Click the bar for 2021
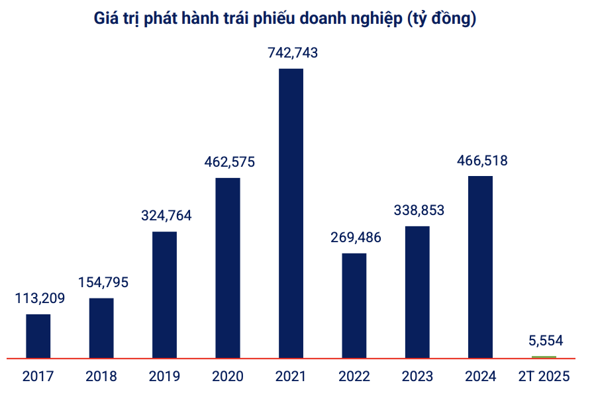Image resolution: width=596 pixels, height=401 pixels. coord(291,213)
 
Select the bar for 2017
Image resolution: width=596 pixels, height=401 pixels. coord(38,336)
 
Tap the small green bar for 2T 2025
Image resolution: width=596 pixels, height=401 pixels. coord(544,357)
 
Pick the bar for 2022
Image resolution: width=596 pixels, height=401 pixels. coord(354,306)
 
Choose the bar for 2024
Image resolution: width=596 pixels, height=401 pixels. coord(480,267)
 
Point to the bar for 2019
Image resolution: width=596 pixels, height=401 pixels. coord(164,295)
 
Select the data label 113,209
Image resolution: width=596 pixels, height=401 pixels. coord(40,298)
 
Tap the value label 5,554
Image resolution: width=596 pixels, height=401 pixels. coord(546,341)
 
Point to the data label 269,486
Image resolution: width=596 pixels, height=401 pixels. coord(356,238)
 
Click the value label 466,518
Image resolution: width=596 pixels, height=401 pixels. coord(482,161)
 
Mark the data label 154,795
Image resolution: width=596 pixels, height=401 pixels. coord(103,283)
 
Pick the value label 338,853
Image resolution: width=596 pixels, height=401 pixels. coord(419,210)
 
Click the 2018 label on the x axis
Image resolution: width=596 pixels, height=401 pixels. coord(101,377)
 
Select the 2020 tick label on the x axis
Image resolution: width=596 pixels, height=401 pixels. coord(228,377)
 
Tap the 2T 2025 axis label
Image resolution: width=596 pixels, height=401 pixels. coord(544,377)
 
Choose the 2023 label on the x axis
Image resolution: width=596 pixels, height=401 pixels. coord(417,377)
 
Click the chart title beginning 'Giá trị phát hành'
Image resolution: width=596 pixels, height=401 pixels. coord(285,19)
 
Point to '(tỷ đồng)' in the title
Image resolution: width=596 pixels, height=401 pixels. coord(440,19)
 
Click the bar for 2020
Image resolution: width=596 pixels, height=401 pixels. coord(228,268)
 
